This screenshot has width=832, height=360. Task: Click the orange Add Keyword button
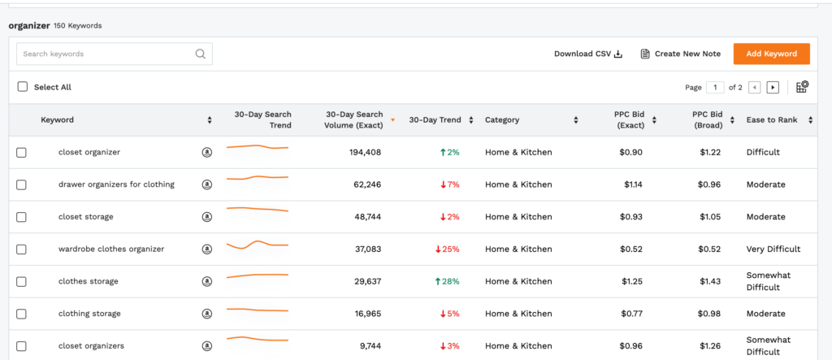pyautogui.click(x=771, y=54)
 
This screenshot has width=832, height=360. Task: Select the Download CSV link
pyautogui.click(x=587, y=54)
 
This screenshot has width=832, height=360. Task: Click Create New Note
pyautogui.click(x=680, y=54)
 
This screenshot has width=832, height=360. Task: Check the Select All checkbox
pyautogui.click(x=23, y=87)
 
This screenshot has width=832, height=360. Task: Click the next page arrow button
pyautogui.click(x=773, y=87)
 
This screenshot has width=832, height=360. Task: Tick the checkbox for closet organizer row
pyautogui.click(x=22, y=152)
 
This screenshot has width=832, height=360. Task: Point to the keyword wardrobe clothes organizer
pyautogui.click(x=111, y=249)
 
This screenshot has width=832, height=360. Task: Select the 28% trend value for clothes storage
pyautogui.click(x=448, y=281)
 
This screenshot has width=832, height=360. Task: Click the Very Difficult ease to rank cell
pyautogui.click(x=773, y=249)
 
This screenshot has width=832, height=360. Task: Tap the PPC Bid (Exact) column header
pyautogui.click(x=630, y=119)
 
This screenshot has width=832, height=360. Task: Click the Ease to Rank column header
pyautogui.click(x=772, y=119)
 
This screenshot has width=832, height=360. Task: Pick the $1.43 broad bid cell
pyautogui.click(x=710, y=281)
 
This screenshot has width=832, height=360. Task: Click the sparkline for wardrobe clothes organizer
pyautogui.click(x=258, y=244)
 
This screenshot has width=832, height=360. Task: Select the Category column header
pyautogui.click(x=502, y=119)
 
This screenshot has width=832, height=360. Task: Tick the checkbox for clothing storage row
pyautogui.click(x=22, y=314)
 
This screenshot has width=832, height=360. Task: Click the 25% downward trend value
pyautogui.click(x=448, y=249)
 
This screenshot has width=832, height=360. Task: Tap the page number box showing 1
pyautogui.click(x=715, y=87)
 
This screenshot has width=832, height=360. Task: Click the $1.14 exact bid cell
pyautogui.click(x=633, y=184)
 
